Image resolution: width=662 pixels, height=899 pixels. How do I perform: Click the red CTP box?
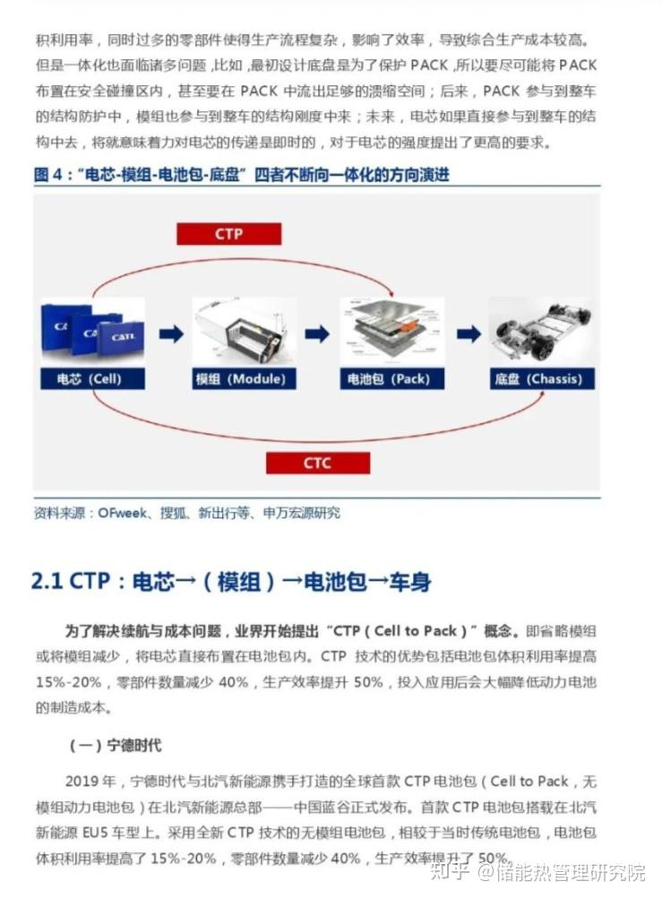tap(229, 234)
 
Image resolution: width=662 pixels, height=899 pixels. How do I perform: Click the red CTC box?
tap(317, 462)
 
